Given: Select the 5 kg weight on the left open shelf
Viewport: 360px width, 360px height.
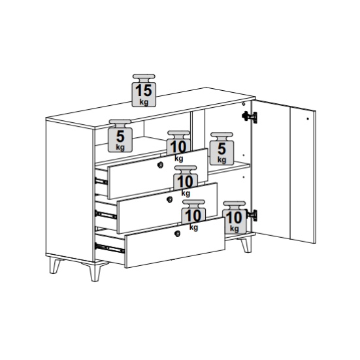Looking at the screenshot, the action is (x=120, y=136).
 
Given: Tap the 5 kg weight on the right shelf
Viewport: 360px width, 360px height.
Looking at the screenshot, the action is (x=221, y=148).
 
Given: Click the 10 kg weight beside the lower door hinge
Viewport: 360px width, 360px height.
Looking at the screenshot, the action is (x=234, y=218).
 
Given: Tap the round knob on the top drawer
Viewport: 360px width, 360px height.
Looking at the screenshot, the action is (x=160, y=165).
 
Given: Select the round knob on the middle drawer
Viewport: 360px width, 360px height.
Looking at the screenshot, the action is (x=169, y=199).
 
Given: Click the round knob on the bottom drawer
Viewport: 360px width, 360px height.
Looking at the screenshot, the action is (x=177, y=234).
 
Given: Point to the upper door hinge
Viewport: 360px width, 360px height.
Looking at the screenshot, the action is (x=250, y=117).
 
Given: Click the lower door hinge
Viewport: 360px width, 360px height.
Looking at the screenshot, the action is (x=252, y=216).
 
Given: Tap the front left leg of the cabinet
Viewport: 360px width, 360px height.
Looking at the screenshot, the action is (x=95, y=272).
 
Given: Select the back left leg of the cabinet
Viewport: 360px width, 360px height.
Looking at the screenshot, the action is (x=55, y=266).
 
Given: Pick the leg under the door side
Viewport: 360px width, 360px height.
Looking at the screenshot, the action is (x=246, y=245).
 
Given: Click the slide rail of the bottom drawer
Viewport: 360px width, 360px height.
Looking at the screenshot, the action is (x=110, y=248).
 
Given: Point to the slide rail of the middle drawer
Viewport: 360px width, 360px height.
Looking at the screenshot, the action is (x=106, y=215).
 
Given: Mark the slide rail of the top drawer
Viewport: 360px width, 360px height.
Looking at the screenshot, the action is (x=101, y=182).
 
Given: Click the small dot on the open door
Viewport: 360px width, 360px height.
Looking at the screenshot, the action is (x=308, y=119).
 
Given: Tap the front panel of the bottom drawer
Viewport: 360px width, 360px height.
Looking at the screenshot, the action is (x=175, y=242).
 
